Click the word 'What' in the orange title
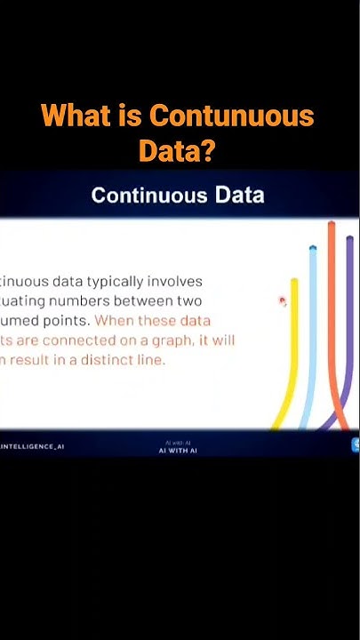[x=72, y=116]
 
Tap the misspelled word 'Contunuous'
[x=232, y=116]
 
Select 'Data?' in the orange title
[x=177, y=150]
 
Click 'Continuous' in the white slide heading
[x=148, y=195]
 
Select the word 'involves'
[x=175, y=282]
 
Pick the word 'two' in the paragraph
[x=191, y=301]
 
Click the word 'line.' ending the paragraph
[x=148, y=360]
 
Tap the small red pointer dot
[x=282, y=301]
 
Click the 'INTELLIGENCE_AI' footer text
[x=32, y=446]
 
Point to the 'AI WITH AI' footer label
[x=178, y=451]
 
